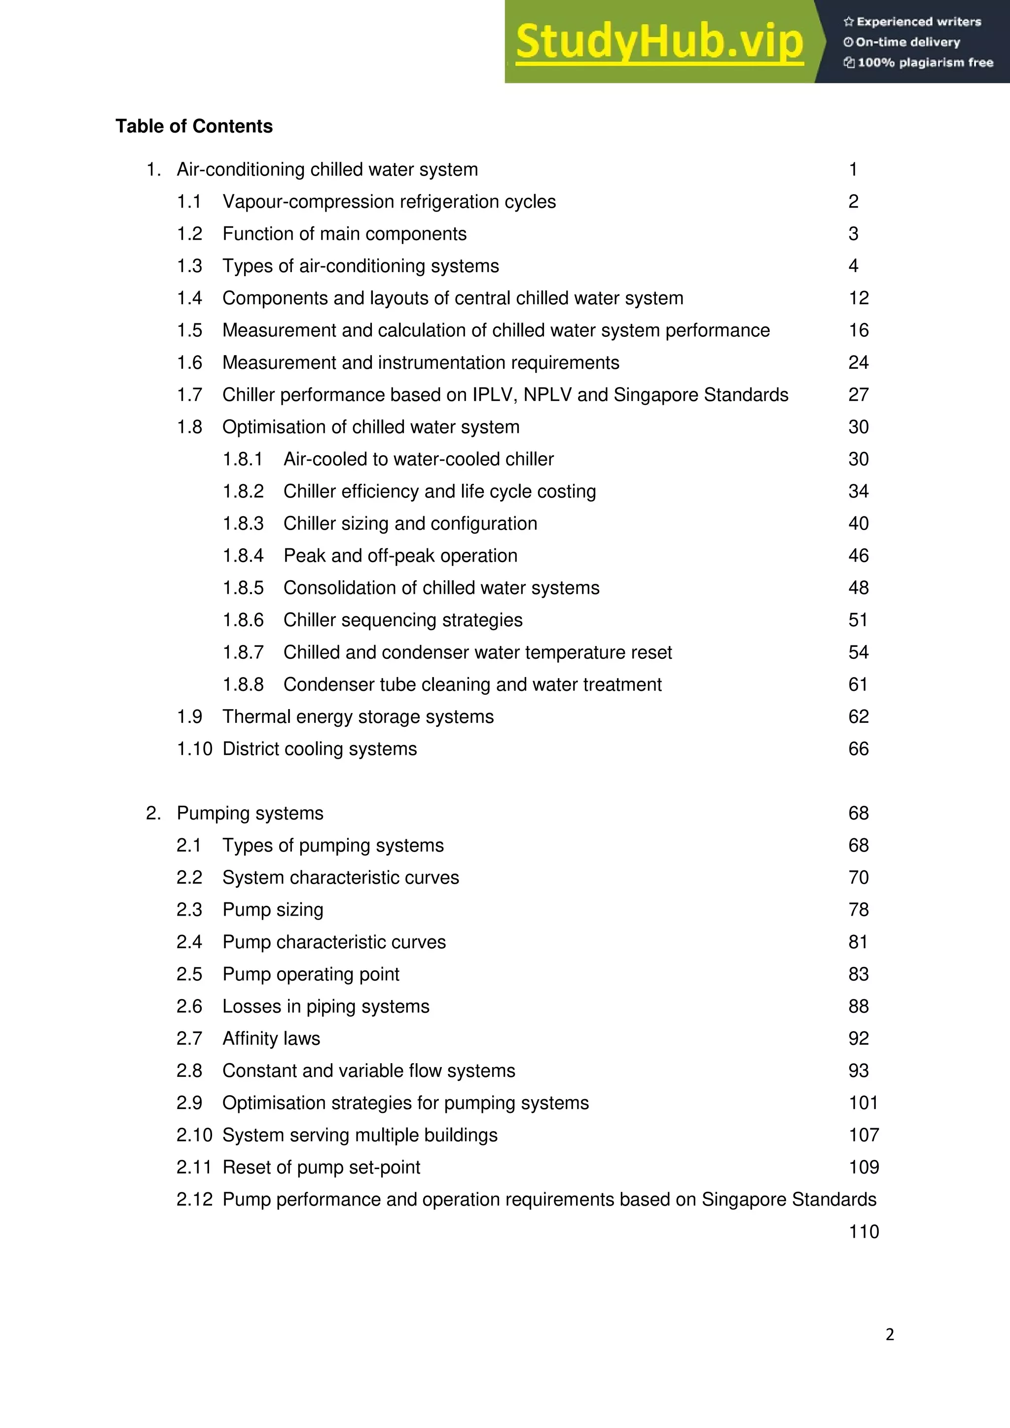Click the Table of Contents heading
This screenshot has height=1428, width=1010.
[194, 126]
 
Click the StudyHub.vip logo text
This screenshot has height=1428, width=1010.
[659, 42]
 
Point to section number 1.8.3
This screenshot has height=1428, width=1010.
[243, 524]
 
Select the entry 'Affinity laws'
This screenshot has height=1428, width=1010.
[271, 1038]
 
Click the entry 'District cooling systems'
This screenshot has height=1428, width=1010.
[320, 749]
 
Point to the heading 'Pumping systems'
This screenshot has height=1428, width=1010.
[250, 813]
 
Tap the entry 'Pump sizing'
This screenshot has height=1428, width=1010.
[273, 909]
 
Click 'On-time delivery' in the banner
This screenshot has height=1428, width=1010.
[907, 42]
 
